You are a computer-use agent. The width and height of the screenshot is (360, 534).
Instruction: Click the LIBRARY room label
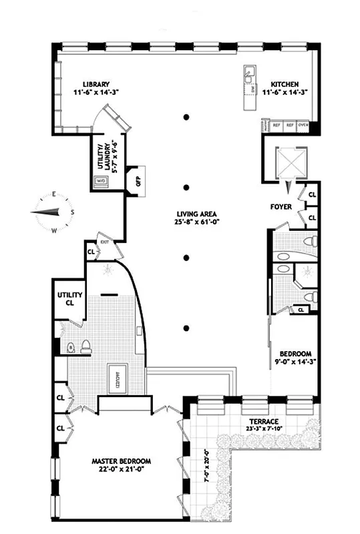point(96,85)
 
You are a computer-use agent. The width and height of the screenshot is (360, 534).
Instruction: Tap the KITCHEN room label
point(284,85)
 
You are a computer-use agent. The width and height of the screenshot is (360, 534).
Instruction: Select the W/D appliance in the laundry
point(102,180)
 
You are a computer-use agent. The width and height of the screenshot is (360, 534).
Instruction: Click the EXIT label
point(104,242)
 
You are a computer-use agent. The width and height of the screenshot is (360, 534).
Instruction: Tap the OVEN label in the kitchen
point(303,124)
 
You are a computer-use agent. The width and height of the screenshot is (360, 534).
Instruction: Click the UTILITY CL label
point(69,298)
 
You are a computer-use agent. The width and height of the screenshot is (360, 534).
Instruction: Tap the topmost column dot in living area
point(188,118)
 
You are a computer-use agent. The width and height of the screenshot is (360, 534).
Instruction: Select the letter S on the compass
point(71,212)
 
